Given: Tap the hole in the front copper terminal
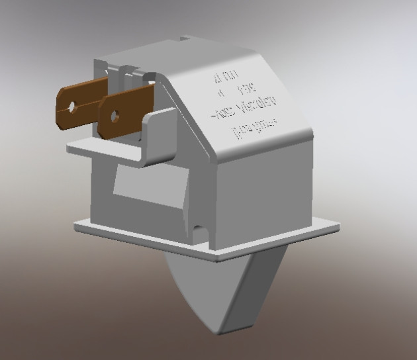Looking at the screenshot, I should click(x=115, y=116).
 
